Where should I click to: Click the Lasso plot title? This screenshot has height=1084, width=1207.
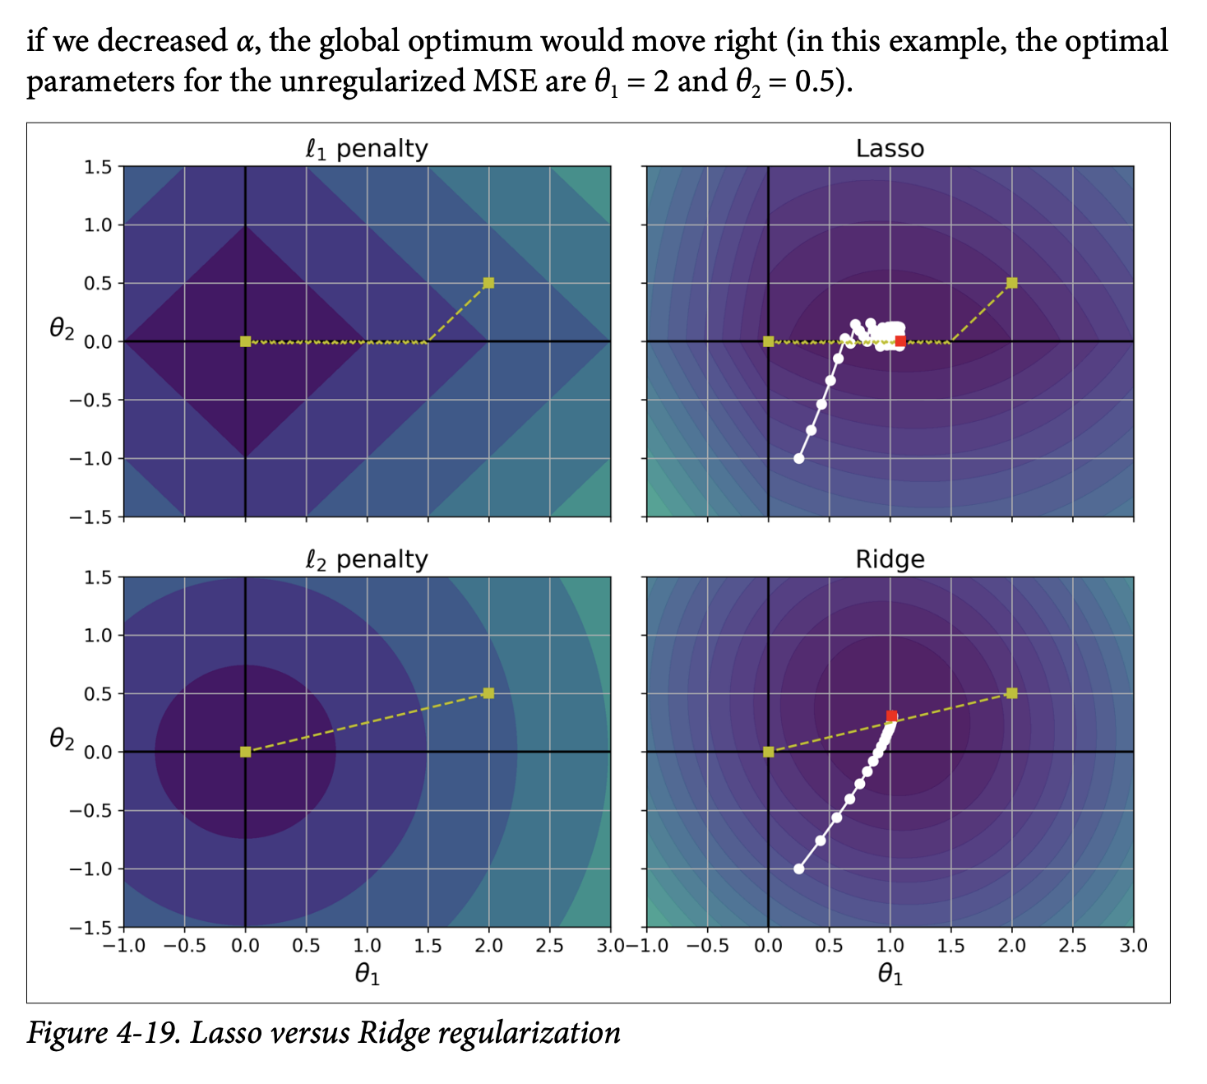[x=890, y=149]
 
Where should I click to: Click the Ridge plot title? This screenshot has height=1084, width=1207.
[x=890, y=559]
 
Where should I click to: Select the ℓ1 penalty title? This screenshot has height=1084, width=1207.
[x=367, y=149]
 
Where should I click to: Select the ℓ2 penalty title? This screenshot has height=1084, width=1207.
[x=367, y=559]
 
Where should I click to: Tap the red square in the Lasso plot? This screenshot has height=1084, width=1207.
[x=900, y=341]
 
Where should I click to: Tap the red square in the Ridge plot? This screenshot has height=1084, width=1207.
[x=891, y=716]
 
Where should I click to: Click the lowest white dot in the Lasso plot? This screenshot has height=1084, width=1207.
[x=798, y=458]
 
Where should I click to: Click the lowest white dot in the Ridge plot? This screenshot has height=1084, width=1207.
[x=798, y=869]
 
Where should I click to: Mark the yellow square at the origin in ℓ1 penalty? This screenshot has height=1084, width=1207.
[x=245, y=341]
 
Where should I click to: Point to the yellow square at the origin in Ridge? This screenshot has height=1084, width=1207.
[x=768, y=752]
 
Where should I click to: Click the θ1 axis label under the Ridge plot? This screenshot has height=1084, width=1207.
[x=890, y=975]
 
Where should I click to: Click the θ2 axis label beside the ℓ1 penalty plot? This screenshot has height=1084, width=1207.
[x=62, y=329]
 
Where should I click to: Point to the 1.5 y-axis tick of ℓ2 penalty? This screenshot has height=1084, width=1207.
[x=98, y=577]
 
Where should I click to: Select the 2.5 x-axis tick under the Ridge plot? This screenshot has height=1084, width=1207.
[x=1072, y=946]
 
